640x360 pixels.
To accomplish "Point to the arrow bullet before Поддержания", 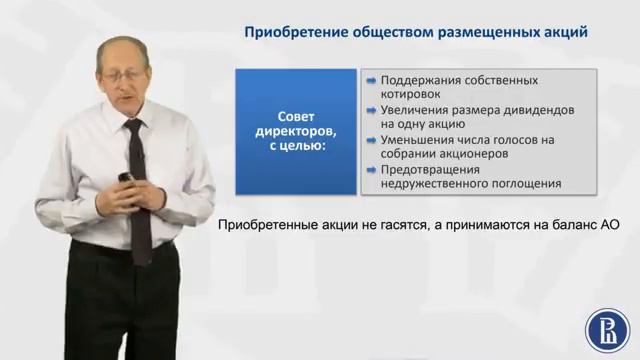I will (372, 79).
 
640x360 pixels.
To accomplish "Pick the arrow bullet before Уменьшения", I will (372, 141).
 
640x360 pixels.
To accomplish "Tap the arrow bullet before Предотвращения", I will (372, 170).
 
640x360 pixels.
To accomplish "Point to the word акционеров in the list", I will (476, 155).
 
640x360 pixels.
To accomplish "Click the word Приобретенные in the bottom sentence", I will (265, 226).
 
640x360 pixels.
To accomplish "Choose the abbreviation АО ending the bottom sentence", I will (610, 226).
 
